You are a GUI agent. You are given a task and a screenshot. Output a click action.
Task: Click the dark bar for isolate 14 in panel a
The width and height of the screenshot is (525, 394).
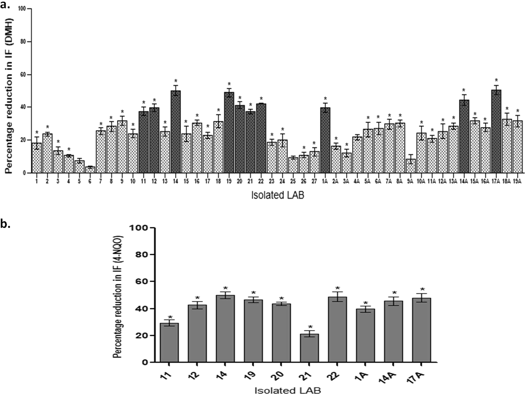176,132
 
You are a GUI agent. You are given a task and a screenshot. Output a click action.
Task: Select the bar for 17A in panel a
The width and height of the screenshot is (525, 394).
496,132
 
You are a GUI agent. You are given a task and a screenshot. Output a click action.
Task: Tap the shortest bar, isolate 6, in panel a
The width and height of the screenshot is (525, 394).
90,170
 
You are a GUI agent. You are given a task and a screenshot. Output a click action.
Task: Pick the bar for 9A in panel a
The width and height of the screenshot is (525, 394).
411,166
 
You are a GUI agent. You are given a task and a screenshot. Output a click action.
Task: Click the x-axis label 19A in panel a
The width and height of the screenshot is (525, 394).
517,182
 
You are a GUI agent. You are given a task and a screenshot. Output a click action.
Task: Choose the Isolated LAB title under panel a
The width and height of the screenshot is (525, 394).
278,195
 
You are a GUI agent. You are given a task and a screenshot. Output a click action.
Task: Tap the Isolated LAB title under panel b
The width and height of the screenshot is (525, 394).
288,390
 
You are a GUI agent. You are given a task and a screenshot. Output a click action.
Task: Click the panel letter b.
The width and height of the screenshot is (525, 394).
5,224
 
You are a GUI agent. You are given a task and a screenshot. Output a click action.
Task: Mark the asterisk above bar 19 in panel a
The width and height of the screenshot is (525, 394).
229,84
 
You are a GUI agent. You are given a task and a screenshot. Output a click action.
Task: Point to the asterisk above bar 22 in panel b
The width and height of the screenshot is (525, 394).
337,288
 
